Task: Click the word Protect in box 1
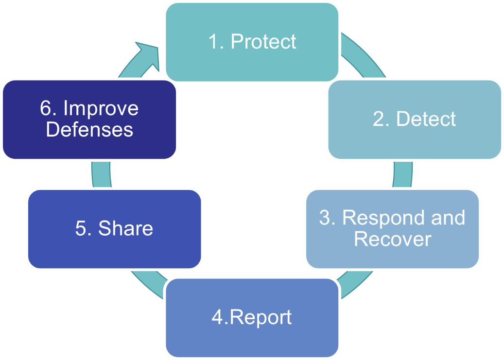[263, 42]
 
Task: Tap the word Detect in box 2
[426, 119]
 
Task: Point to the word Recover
[392, 239]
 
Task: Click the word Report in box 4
[260, 317]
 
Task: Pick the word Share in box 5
[125, 228]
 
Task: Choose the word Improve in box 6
[101, 108]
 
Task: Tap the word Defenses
[89, 130]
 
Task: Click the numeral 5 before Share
[81, 228]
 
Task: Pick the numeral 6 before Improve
[46, 108]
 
